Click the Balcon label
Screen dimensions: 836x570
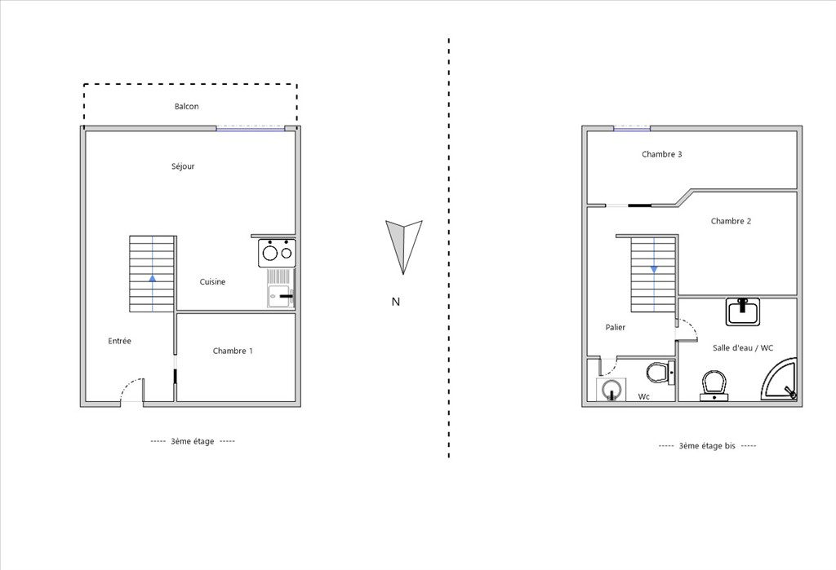point(187,107)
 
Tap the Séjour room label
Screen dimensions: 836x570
point(183,166)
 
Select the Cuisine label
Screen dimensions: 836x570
point(213,282)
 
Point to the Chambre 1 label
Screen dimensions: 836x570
point(233,351)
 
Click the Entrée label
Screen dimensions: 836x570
point(119,341)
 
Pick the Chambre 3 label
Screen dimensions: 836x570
point(661,154)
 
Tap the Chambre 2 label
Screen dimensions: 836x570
point(731,221)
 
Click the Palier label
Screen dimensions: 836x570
point(616,327)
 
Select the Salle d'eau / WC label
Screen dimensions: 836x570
point(743,348)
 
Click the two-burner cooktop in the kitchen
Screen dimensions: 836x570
point(278,253)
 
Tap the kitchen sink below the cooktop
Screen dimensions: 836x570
point(281,288)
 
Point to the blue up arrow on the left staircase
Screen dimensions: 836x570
point(153,278)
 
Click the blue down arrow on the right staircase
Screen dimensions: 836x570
point(654,270)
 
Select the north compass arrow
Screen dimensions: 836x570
point(403,246)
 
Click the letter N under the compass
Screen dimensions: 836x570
point(396,302)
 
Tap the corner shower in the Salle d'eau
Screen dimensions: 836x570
point(779,379)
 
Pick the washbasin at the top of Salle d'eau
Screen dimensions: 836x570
point(743,312)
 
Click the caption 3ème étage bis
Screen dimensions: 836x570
point(707,446)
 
